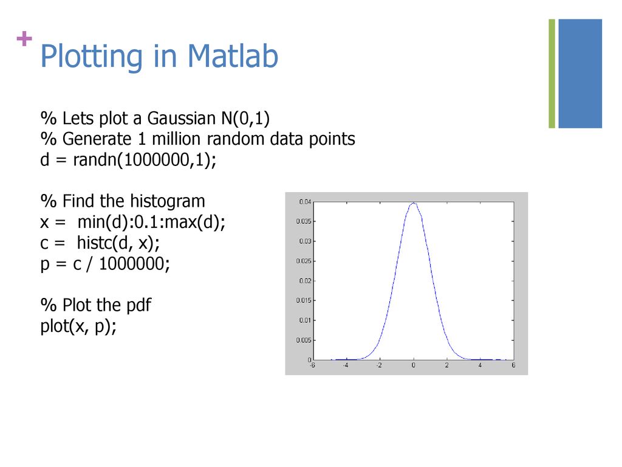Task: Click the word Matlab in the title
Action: [233, 55]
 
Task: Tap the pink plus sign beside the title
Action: [24, 38]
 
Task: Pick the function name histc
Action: [94, 243]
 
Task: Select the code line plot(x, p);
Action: [78, 327]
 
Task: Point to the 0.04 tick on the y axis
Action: [305, 202]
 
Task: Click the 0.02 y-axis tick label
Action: [305, 281]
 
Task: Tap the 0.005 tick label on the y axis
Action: [304, 340]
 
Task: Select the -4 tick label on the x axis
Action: [346, 365]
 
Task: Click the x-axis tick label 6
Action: [513, 365]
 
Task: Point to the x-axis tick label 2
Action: [446, 365]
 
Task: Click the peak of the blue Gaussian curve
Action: [413, 203]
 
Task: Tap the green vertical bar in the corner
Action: [552, 74]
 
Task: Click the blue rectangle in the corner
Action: [580, 74]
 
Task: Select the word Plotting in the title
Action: [91, 57]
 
